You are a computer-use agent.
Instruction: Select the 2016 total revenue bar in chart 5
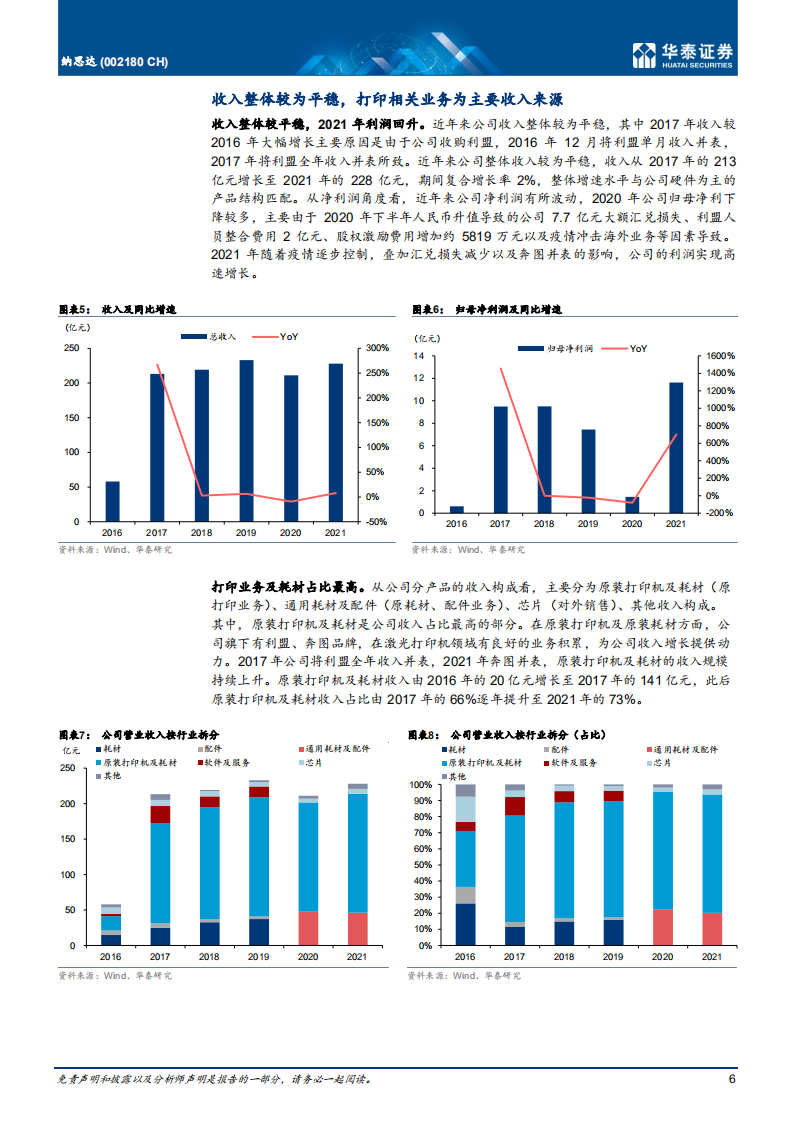[112, 501]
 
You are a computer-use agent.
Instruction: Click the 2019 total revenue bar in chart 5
[246, 440]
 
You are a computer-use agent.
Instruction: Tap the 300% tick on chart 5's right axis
[378, 348]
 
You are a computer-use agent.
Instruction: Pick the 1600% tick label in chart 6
[721, 355]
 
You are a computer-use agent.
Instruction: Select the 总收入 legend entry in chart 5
[212, 336]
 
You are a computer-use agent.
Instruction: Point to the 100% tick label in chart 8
[423, 785]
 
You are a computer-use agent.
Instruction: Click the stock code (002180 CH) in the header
[136, 62]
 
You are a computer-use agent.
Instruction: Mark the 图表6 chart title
[487, 310]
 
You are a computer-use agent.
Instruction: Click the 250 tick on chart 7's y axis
[68, 768]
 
